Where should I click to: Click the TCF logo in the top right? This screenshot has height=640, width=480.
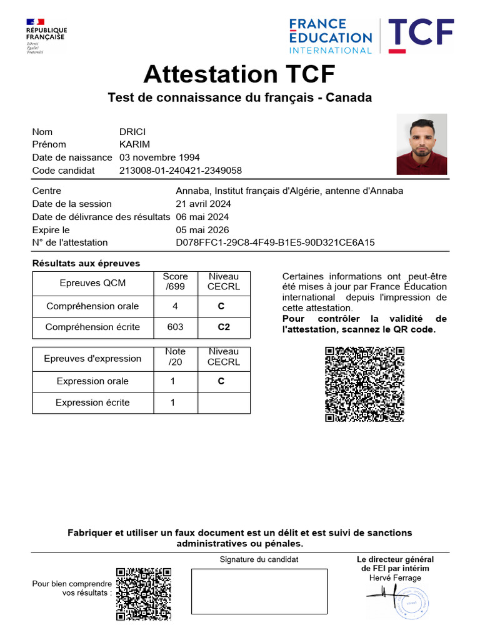(421, 36)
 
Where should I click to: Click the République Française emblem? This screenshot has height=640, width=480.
(46, 36)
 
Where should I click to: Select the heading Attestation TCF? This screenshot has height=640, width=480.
(239, 74)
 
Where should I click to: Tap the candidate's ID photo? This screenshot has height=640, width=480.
(421, 144)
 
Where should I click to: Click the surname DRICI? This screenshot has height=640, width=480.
(132, 132)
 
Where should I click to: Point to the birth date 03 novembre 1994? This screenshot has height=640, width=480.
(159, 157)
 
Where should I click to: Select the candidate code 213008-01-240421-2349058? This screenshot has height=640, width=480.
(181, 171)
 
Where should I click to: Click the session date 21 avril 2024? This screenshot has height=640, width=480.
(203, 204)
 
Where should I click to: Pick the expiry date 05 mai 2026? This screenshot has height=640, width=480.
(202, 230)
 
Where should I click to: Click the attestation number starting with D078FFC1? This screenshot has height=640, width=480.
(275, 242)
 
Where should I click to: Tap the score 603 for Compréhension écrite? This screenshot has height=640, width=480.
(176, 327)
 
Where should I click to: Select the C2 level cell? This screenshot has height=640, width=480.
(224, 327)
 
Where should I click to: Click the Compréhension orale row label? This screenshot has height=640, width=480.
(92, 306)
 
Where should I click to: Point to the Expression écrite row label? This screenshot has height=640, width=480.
(92, 402)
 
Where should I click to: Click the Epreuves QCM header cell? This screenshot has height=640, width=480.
(92, 282)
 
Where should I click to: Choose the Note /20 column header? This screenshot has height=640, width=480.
(176, 357)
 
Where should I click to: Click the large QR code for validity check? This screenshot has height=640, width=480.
(364, 384)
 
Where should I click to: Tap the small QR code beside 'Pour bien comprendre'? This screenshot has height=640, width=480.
(143, 594)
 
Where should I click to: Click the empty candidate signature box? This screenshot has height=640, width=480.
(259, 591)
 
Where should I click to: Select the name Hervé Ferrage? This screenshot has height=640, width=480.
(395, 578)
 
